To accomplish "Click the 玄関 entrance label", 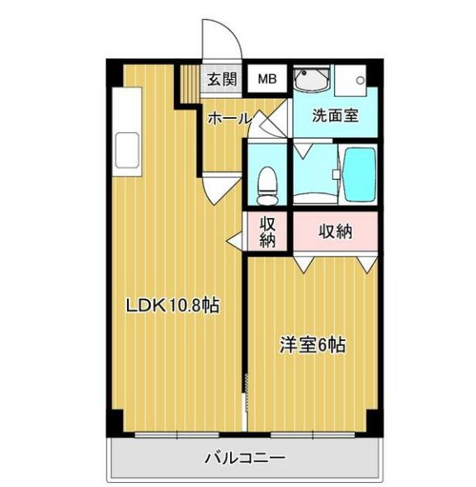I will (x=221, y=79).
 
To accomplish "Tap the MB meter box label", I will (x=267, y=79).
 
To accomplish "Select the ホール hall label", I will (x=229, y=119).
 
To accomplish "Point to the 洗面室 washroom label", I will (x=334, y=116).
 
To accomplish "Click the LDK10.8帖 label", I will (x=172, y=306).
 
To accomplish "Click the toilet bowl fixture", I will (x=266, y=183).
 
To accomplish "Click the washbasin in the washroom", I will (x=312, y=81).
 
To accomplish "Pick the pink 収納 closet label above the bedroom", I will (x=335, y=231).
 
